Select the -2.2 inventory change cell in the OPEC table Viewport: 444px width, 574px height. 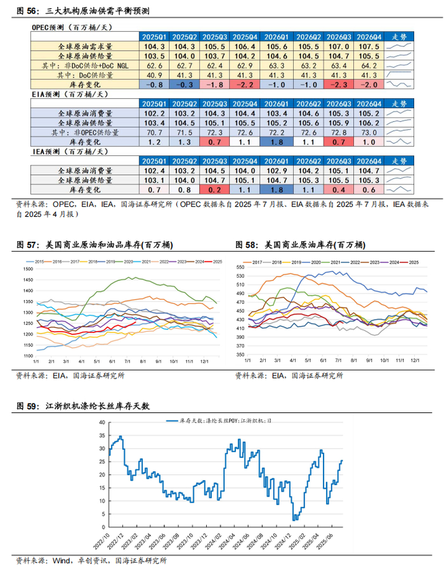pyautogui.click(x=245, y=84)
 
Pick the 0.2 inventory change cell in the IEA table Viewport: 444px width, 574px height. pyautogui.click(x=214, y=190)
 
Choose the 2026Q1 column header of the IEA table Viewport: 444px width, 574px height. pyautogui.click(x=275, y=161)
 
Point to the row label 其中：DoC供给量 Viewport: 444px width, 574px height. pyautogui.click(x=86, y=75)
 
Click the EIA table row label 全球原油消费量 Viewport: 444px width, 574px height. pyautogui.click(x=86, y=114)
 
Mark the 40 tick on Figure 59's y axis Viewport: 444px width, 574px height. pyautogui.click(x=101, y=422)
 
